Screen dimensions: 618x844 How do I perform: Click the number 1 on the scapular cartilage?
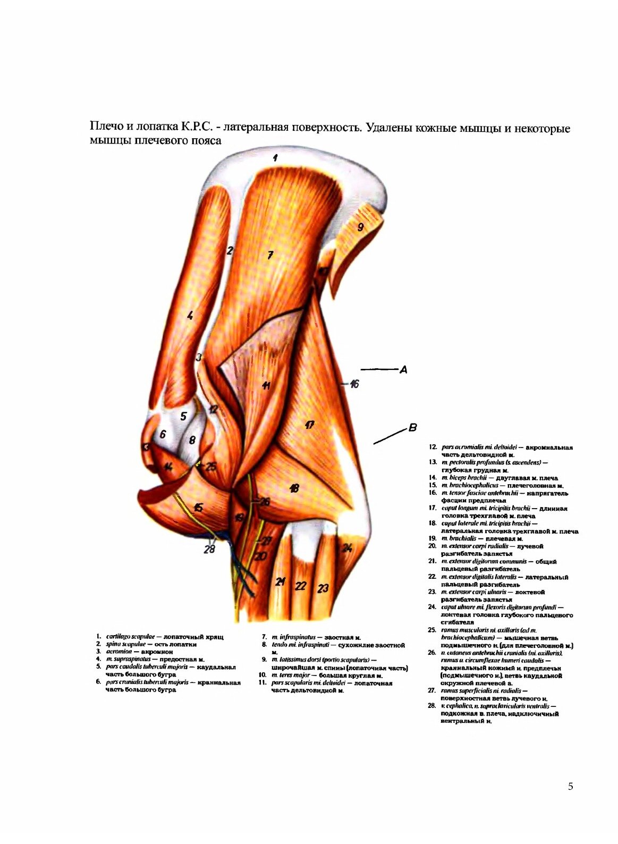pyautogui.click(x=275, y=157)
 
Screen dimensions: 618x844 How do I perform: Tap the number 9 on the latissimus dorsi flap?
pyautogui.click(x=360, y=227)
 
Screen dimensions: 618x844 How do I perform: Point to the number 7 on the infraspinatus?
pyautogui.click(x=270, y=256)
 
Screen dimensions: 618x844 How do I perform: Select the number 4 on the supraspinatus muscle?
pyautogui.click(x=190, y=316)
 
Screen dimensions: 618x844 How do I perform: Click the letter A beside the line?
pyautogui.click(x=404, y=369)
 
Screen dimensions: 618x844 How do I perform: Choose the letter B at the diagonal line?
pyautogui.click(x=412, y=427)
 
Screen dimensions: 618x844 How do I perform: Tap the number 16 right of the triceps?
pyautogui.click(x=354, y=383)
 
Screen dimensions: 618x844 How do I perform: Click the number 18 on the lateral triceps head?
pyautogui.click(x=294, y=488)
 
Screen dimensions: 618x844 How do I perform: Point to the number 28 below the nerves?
pyautogui.click(x=209, y=549)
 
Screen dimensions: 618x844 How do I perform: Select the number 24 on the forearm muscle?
pyautogui.click(x=347, y=548)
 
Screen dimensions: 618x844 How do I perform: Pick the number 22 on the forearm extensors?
pyautogui.click(x=301, y=586)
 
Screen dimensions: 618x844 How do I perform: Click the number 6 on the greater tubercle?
pyautogui.click(x=163, y=434)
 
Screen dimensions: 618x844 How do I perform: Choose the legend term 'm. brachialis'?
pyautogui.click(x=456, y=538)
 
